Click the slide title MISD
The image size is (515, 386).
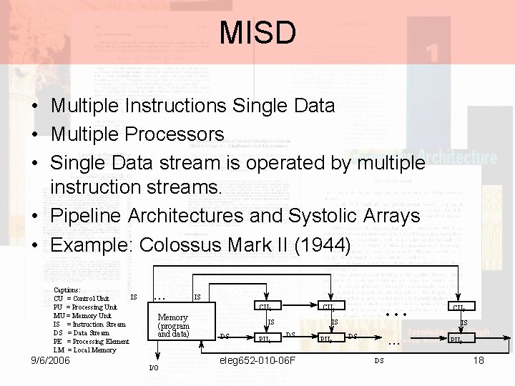click(257, 32)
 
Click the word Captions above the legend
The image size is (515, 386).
click(67, 289)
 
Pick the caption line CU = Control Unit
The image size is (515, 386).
click(82, 298)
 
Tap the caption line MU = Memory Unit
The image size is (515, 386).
click(82, 315)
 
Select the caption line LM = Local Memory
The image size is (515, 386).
click(84, 350)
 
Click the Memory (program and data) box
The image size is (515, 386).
click(173, 325)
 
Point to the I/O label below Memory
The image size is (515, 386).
click(154, 367)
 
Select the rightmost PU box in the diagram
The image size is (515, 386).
click(457, 340)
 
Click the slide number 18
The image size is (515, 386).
click(479, 360)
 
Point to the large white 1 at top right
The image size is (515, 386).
click(431, 52)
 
